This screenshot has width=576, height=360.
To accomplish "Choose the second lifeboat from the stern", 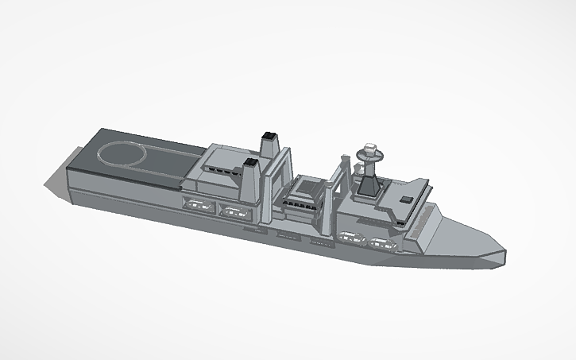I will pos(233,211).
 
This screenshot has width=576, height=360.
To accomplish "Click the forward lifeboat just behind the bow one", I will pos(350,236).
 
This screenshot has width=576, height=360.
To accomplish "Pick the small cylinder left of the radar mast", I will pos(359,169).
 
